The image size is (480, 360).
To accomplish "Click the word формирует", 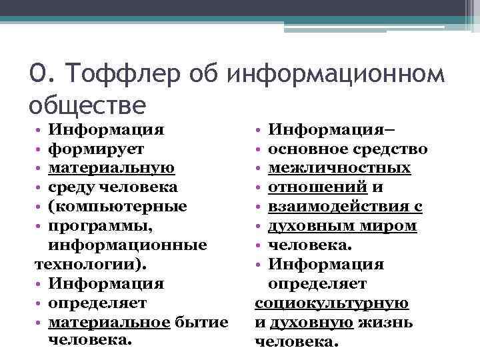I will click(x=96, y=148).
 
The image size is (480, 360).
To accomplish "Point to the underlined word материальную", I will click(x=112, y=167).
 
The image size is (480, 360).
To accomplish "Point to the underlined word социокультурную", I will click(x=331, y=303).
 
